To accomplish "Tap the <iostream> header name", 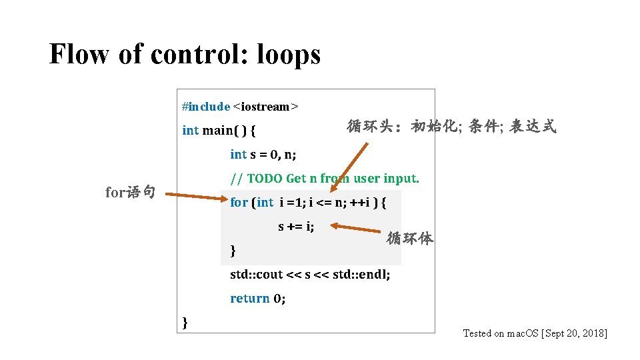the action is click(x=266, y=107).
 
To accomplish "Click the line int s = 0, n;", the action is click(x=263, y=155).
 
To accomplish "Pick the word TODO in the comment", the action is click(x=265, y=179).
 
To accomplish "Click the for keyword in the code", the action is click(x=239, y=202).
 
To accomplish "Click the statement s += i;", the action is click(x=296, y=227).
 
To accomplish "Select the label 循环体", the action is click(x=410, y=238).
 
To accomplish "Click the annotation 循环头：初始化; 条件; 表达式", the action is click(x=451, y=127).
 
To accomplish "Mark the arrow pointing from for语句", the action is click(x=196, y=196).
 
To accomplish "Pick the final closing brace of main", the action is click(x=185, y=323).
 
